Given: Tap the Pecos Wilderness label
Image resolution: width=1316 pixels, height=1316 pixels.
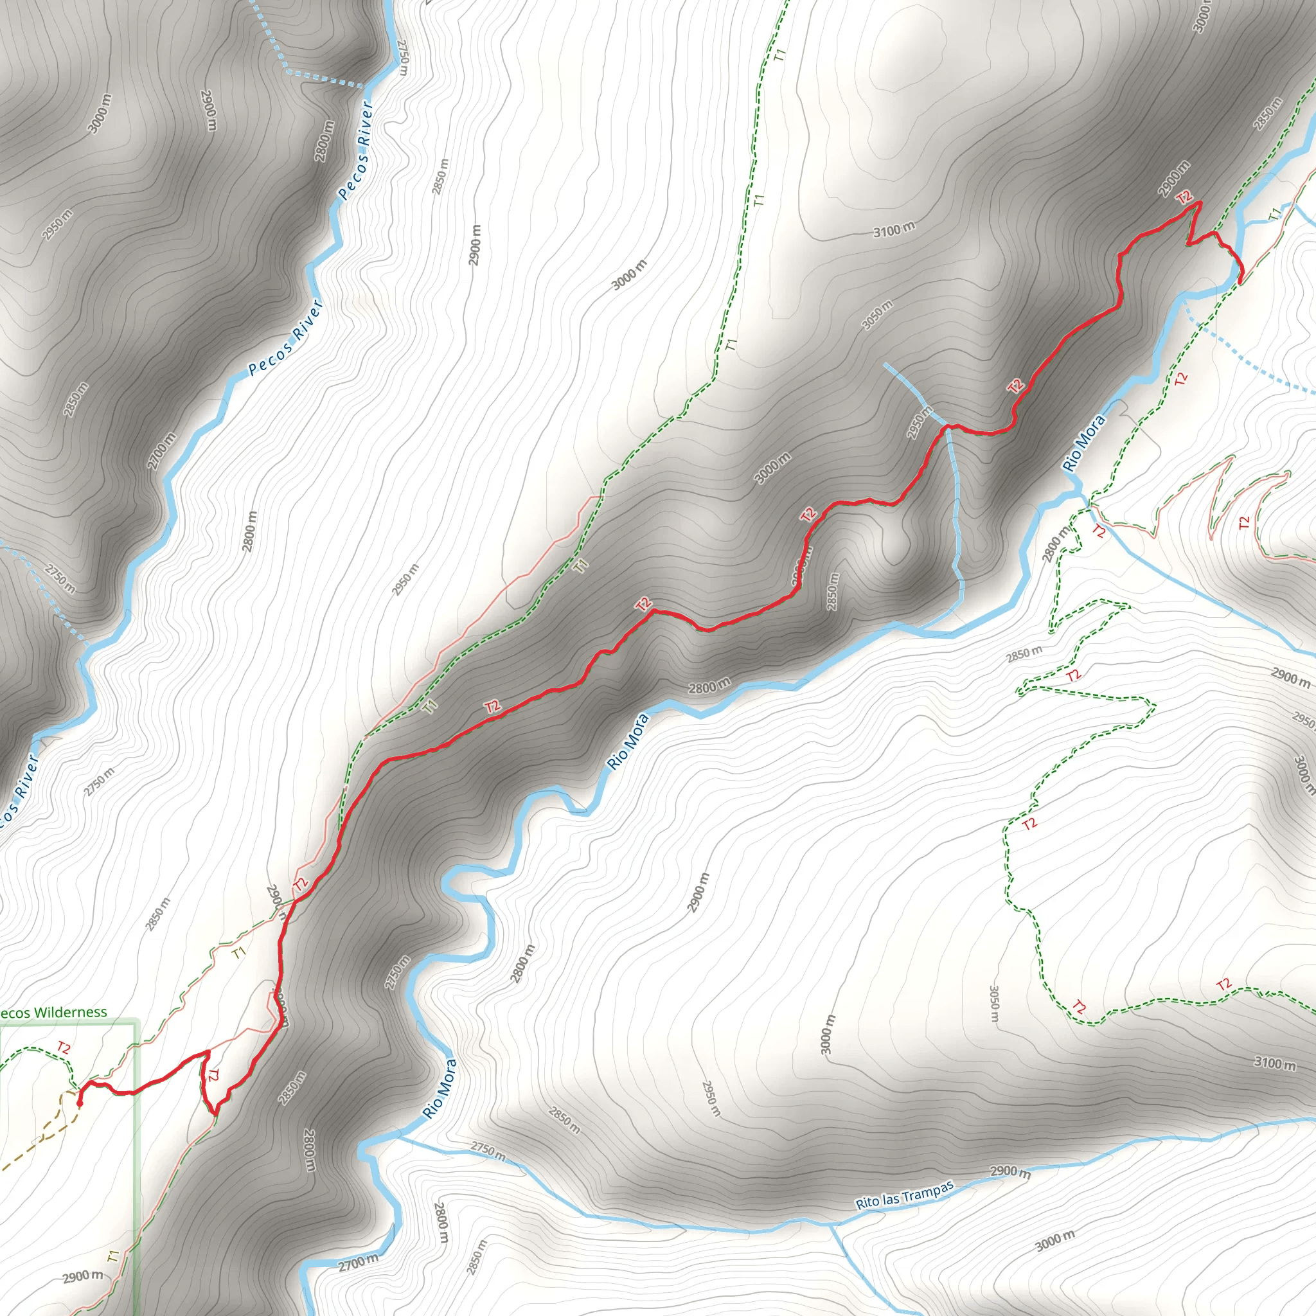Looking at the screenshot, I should [x=53, y=1013].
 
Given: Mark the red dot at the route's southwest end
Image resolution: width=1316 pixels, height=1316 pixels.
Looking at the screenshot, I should [x=80, y=1102].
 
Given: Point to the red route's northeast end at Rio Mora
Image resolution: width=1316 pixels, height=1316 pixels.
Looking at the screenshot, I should [x=1240, y=278].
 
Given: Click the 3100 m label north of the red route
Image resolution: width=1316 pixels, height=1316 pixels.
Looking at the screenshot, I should [x=894, y=230].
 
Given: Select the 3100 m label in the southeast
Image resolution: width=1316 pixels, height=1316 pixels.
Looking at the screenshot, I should [x=1274, y=1063].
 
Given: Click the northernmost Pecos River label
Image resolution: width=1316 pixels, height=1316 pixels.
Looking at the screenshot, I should [x=355, y=150].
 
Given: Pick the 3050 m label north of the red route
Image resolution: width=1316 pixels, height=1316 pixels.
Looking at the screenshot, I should [x=876, y=315].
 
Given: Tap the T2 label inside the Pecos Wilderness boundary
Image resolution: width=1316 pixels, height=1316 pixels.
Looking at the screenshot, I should [x=64, y=1047].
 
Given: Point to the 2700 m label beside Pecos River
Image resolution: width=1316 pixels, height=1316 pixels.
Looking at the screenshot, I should [x=161, y=450].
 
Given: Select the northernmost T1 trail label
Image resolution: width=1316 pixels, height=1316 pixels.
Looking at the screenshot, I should [x=781, y=55].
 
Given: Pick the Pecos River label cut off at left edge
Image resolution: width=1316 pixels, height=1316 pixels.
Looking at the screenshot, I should [x=19, y=790].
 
